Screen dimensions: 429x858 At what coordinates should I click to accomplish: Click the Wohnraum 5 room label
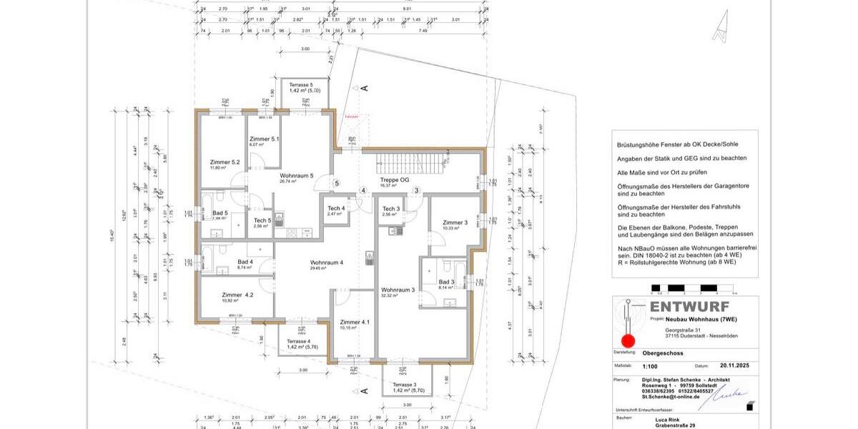coord(296,175)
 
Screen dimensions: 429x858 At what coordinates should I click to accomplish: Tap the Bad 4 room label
coord(245,262)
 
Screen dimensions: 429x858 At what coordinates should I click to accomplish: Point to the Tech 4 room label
coord(336,208)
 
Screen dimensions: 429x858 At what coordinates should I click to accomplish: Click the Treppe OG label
coord(394,180)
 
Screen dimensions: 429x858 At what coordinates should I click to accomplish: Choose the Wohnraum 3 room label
coord(398,290)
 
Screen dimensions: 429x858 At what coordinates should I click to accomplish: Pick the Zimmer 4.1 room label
coord(355,322)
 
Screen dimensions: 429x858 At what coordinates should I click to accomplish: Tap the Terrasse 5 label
coord(301,85)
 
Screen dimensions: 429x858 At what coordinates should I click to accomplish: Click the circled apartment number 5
coord(337,183)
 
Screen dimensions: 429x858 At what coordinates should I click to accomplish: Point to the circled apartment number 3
coord(416,190)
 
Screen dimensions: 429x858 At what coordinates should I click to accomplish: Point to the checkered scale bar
coord(693,290)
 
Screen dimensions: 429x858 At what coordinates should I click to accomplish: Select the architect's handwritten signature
coord(729,393)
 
